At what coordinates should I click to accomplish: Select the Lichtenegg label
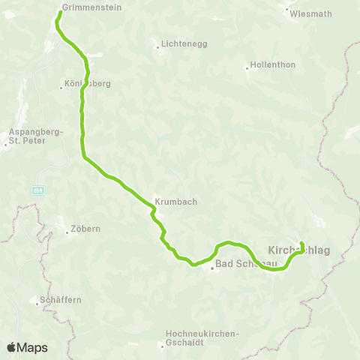click(x=179, y=45)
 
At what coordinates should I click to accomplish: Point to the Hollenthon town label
click(x=274, y=65)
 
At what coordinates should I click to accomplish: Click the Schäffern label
click(x=61, y=300)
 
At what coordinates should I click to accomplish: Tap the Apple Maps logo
click(x=27, y=347)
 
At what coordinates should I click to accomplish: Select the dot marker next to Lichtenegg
click(x=157, y=46)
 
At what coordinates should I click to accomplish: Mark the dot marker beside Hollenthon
click(x=247, y=67)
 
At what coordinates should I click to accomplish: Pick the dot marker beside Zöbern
click(x=67, y=232)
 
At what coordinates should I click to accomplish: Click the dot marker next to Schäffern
click(x=37, y=303)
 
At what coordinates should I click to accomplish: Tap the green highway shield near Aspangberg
click(x=37, y=190)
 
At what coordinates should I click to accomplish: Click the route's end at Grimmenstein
click(x=60, y=12)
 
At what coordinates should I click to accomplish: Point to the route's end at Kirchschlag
click(x=301, y=243)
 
